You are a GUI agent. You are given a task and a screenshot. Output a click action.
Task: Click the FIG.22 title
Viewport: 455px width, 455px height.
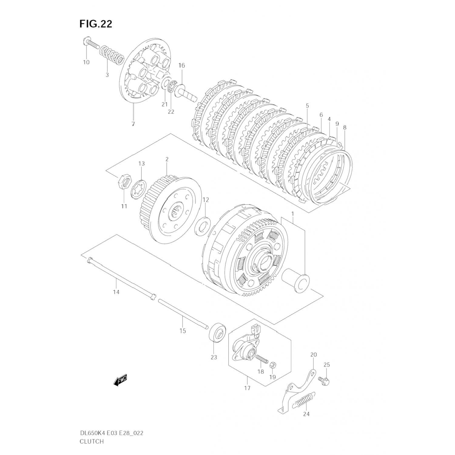[x=96, y=24]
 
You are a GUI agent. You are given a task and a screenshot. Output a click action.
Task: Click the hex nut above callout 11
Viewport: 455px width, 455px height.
[x=124, y=181]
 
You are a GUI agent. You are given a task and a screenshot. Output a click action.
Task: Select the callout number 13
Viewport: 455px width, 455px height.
[x=141, y=164]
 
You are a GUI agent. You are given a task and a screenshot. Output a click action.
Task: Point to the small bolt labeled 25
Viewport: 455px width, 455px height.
[x=324, y=380]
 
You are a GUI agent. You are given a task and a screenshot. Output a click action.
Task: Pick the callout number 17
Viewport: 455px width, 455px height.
[x=247, y=388]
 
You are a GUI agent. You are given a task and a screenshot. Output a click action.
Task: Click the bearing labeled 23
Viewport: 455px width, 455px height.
[x=217, y=335]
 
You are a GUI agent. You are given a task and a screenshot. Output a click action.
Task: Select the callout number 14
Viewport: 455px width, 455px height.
[x=116, y=292]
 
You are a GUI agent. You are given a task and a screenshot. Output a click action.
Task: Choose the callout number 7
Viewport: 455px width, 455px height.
[x=133, y=124]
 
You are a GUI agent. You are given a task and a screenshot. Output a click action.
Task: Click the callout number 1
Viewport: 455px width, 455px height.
[x=293, y=214]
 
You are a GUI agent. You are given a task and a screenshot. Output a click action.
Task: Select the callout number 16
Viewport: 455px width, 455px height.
[x=181, y=66]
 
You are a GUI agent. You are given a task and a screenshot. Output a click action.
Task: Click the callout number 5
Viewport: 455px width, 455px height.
[x=307, y=106]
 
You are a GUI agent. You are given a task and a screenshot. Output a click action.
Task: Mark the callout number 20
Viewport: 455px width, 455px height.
[x=313, y=355]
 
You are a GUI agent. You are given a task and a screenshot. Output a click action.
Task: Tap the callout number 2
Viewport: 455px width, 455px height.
[x=167, y=159]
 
